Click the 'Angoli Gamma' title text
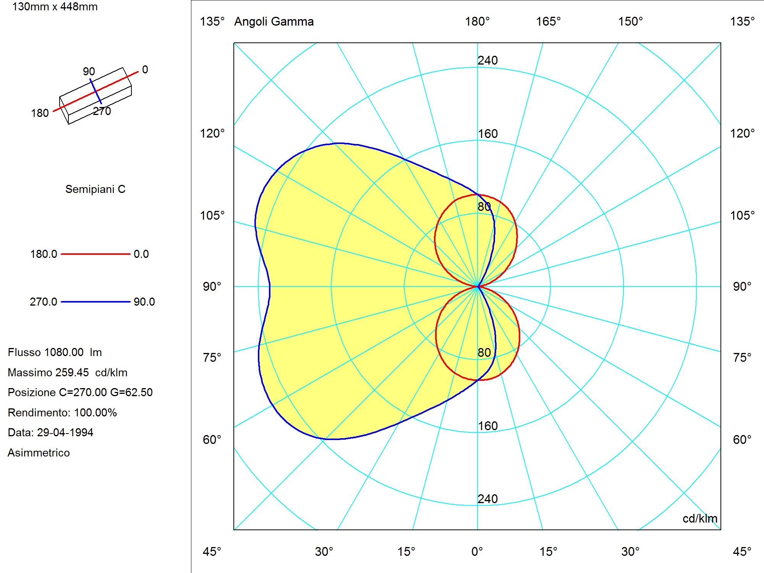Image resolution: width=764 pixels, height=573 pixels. pyautogui.click(x=274, y=21)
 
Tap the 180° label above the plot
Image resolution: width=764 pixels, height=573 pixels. pyautogui.click(x=477, y=21)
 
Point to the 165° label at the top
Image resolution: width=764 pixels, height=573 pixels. pyautogui.click(x=548, y=21)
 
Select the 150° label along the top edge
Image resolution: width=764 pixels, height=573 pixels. pyautogui.click(x=631, y=21)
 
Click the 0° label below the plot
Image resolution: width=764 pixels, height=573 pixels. pyautogui.click(x=477, y=552)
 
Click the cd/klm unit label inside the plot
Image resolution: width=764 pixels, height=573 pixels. pyautogui.click(x=700, y=518)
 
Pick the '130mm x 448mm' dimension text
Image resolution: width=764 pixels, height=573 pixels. pyautogui.click(x=55, y=6)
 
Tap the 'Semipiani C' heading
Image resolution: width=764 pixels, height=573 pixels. pyautogui.click(x=95, y=189)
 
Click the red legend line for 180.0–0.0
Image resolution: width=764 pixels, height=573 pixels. pyautogui.click(x=95, y=254)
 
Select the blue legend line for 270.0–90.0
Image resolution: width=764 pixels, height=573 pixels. pyautogui.click(x=95, y=302)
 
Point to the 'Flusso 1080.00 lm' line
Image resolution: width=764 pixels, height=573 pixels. pyautogui.click(x=55, y=352)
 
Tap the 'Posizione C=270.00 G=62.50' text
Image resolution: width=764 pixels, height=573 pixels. pyautogui.click(x=80, y=392)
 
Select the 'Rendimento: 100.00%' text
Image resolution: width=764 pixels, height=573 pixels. pyautogui.click(x=62, y=413)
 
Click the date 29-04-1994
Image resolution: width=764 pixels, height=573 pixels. pyautogui.click(x=65, y=432)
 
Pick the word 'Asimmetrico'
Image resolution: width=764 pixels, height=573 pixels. pyautogui.click(x=39, y=453)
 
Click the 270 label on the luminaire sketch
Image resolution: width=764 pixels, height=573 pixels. pyautogui.click(x=102, y=111)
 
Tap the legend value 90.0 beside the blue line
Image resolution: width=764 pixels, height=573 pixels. pyautogui.click(x=144, y=302)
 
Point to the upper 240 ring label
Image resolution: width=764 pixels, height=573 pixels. pyautogui.click(x=488, y=60)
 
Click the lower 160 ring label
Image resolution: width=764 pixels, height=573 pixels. pyautogui.click(x=488, y=426)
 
